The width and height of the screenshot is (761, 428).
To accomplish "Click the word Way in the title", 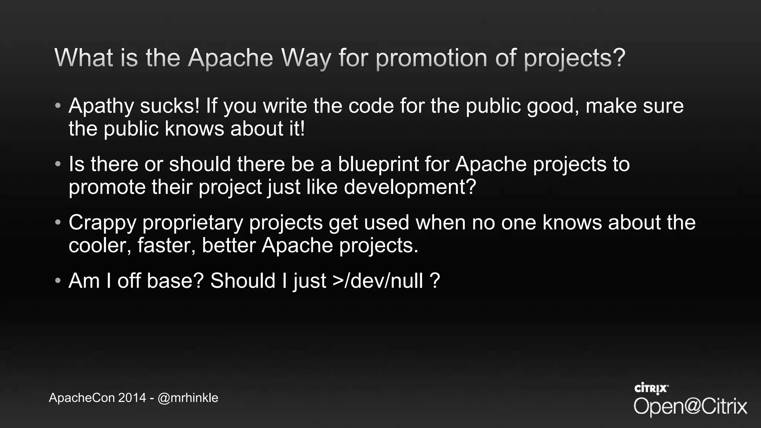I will click(306, 58).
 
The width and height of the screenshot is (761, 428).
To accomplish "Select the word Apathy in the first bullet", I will click(101, 106).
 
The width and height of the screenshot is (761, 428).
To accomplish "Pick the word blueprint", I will click(378, 165).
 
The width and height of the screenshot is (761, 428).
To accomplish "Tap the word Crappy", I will click(102, 223).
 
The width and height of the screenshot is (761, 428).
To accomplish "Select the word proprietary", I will click(192, 223).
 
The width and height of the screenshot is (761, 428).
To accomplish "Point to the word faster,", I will click(166, 246).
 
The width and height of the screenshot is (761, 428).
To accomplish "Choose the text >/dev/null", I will click(378, 281).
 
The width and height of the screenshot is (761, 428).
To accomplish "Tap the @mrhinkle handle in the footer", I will click(188, 398).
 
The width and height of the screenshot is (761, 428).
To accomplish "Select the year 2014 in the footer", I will click(132, 398).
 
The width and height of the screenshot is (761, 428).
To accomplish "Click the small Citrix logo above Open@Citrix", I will click(651, 388).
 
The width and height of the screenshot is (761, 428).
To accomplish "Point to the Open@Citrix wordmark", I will click(690, 406).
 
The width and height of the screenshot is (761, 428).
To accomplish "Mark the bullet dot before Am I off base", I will click(58, 281).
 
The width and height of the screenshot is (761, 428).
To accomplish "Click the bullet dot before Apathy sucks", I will click(58, 106).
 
